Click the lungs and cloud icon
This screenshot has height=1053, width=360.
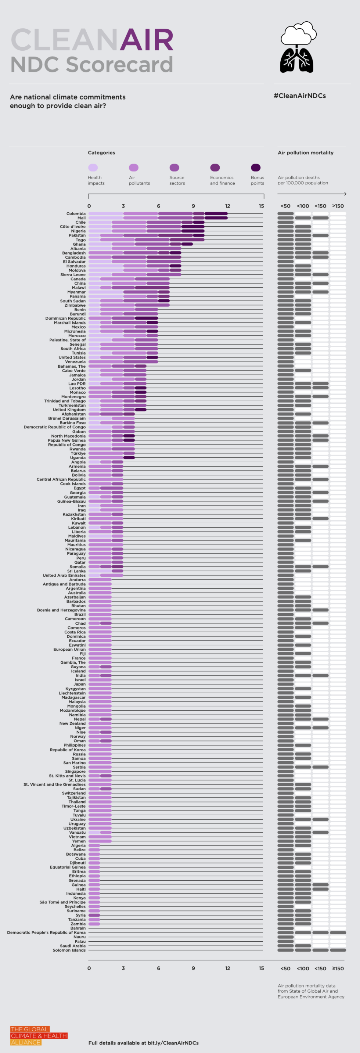coord(297,48)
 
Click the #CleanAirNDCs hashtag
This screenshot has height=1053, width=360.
coord(299,96)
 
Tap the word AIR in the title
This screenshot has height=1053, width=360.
coord(146,40)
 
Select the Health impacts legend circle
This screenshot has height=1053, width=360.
coord(93,168)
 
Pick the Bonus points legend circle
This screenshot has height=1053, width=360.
coord(255,168)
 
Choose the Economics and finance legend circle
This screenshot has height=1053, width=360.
coord(215,168)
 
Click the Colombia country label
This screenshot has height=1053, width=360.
coord(76,213)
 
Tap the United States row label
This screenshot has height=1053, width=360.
coord(72,357)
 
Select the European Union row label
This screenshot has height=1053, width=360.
coord(69,649)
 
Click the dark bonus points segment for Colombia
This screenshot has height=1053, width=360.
coord(216,213)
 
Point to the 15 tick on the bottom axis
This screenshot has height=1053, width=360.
coord(261,968)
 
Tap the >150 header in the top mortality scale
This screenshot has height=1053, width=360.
coord(338,206)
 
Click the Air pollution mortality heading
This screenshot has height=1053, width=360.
coord(305,152)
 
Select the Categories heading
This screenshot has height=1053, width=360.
coord(101,152)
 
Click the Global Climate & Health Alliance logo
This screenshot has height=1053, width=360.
coord(39,1035)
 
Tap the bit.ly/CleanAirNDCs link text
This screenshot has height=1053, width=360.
coord(173,1043)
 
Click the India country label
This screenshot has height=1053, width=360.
coord(80,675)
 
